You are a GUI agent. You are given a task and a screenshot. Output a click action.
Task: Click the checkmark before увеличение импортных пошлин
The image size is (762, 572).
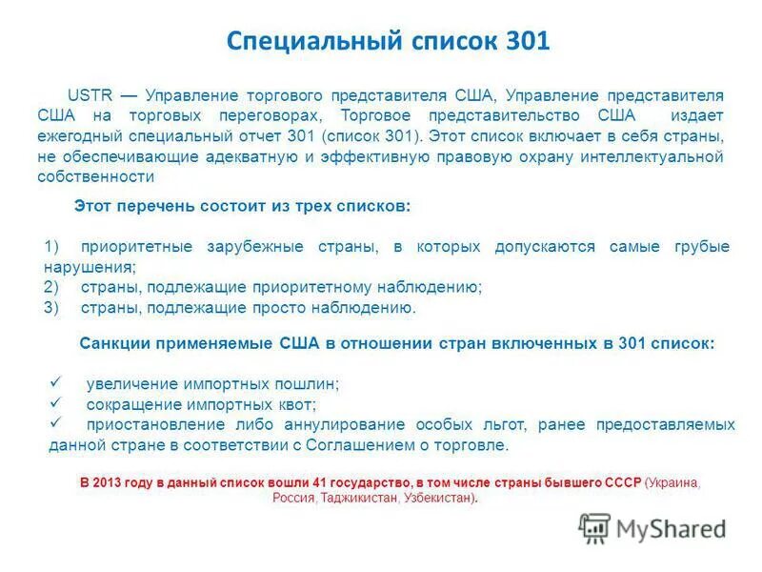click(x=56, y=382)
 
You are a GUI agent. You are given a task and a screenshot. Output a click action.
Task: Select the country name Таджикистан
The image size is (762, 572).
click(x=359, y=498)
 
